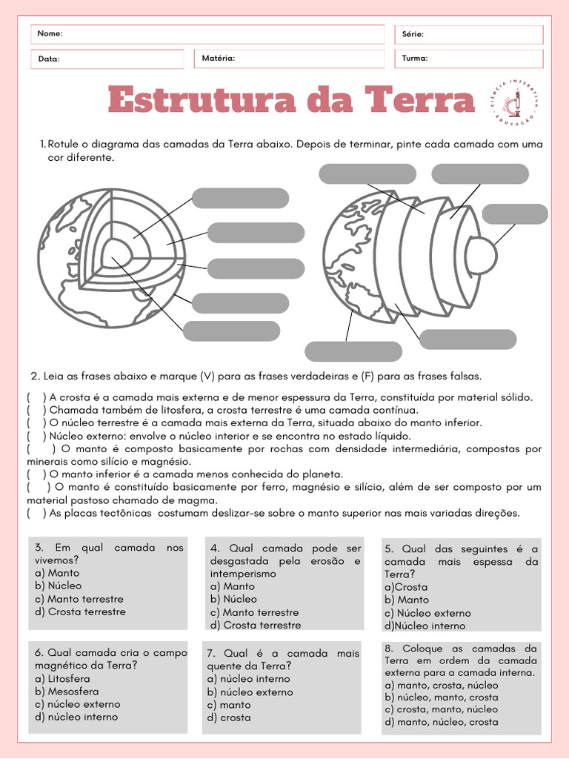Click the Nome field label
coord(50,34)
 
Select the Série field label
coord(413,34)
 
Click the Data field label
coord(48,59)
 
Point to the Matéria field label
coord(218,58)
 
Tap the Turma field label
coord(414,58)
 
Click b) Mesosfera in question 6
coord(67,692)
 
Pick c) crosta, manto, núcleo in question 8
coord(442,709)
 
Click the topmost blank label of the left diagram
coord(240,199)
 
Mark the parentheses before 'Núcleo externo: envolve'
coord(36,436)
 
